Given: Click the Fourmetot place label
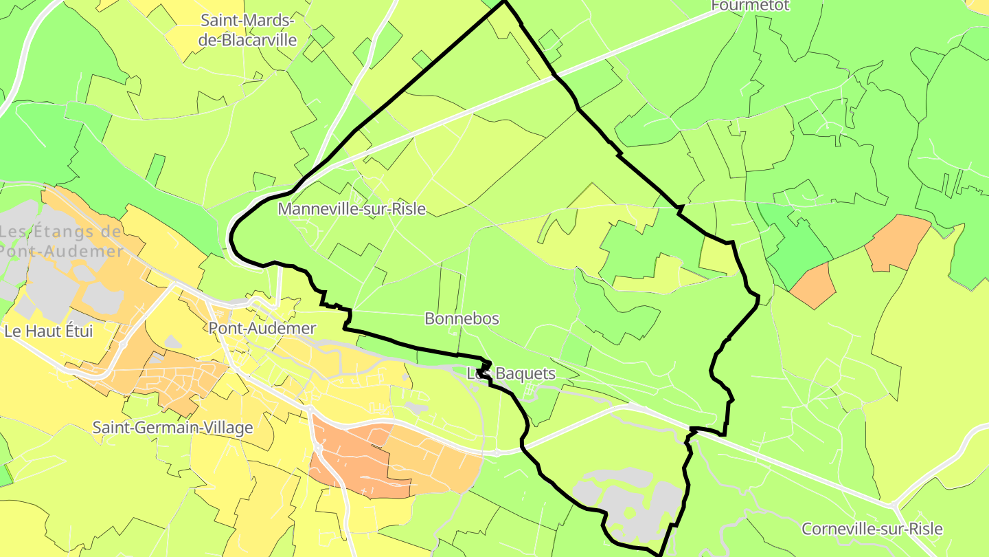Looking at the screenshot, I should tap(750, 6).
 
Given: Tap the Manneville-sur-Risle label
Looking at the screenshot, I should tap(352, 209).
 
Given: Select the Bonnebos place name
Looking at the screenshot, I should tap(462, 319).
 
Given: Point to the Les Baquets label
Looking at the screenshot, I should tap(511, 374).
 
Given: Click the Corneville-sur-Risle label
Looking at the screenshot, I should tap(872, 529).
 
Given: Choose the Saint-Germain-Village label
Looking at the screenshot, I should tap(173, 428).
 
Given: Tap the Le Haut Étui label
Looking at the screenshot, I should tap(48, 331).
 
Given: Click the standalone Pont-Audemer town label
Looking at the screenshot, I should tap(262, 328).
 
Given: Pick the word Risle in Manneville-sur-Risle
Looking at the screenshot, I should tap(407, 209).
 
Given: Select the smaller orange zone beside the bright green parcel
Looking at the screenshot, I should tap(813, 284).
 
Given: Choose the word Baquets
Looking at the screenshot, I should tap(525, 374).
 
